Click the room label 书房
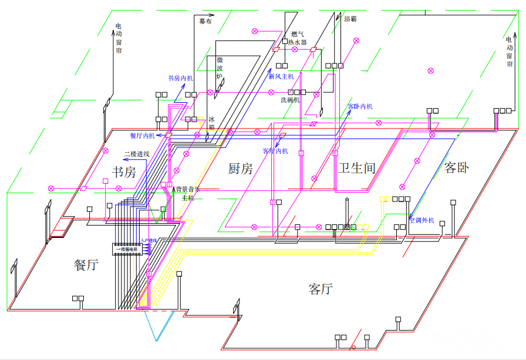tap(124, 172)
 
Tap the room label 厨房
tap(240, 169)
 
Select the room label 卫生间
tap(356, 168)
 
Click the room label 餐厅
tap(86, 264)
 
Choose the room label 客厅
tap(321, 289)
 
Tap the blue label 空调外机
tap(422, 220)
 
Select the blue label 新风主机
tap(281, 76)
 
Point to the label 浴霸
tap(350, 19)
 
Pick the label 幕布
tap(205, 20)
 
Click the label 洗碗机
tap(290, 100)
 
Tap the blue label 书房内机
tap(180, 78)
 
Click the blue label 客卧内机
tap(360, 106)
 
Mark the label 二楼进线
tap(137, 154)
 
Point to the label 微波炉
tap(220, 68)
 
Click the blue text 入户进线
tap(149, 241)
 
